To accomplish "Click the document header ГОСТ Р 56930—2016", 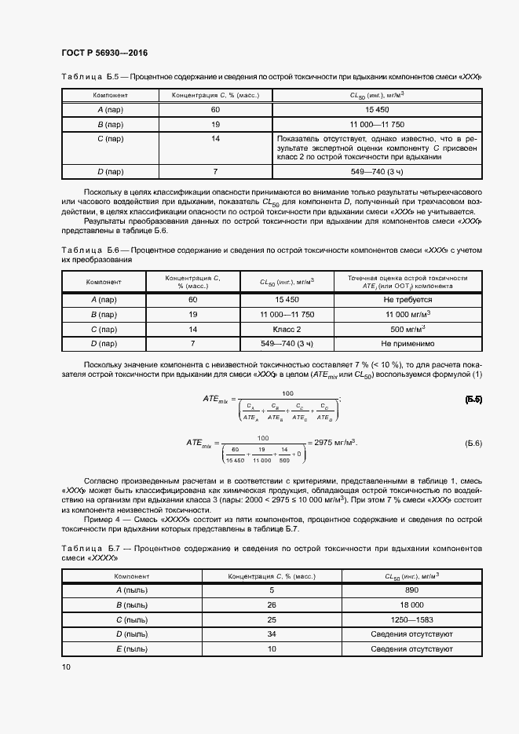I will tap(104, 53).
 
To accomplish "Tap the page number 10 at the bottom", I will tap(66, 666).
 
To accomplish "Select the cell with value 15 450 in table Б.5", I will tap(377, 109).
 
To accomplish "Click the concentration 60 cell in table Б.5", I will tap(215, 109).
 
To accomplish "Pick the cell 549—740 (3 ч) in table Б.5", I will tap(377, 171).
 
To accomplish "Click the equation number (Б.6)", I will tap(473, 444).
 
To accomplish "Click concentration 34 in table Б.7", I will tap(272, 634).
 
